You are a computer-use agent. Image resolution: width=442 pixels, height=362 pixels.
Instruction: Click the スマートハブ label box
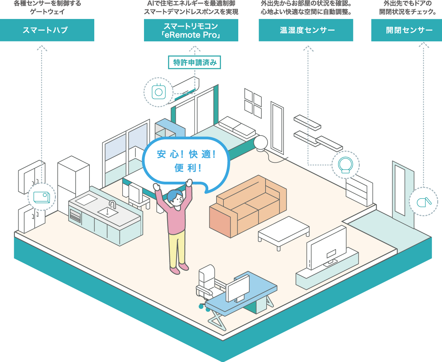coord(47,30)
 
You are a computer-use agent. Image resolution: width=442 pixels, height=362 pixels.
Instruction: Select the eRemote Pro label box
coord(191,30)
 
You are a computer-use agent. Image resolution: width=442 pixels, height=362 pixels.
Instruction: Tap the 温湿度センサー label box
coord(306,30)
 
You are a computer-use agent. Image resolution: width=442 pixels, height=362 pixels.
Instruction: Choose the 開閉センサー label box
coord(406,30)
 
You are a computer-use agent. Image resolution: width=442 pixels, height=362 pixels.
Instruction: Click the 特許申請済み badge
coord(194,62)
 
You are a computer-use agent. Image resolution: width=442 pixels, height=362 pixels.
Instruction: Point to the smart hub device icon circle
coord(41,197)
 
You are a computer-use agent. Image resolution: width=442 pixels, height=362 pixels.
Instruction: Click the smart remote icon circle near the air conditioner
coord(158,92)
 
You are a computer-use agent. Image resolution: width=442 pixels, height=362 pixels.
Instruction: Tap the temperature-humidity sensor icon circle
coord(345,164)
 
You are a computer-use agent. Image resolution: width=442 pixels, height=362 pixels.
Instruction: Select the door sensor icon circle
coord(423,202)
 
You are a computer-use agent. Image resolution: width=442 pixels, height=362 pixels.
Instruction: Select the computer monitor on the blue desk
coord(238,288)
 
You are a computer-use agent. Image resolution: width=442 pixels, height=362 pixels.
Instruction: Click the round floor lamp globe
coord(261,142)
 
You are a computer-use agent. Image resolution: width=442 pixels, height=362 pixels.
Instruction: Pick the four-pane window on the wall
coord(253,102)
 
